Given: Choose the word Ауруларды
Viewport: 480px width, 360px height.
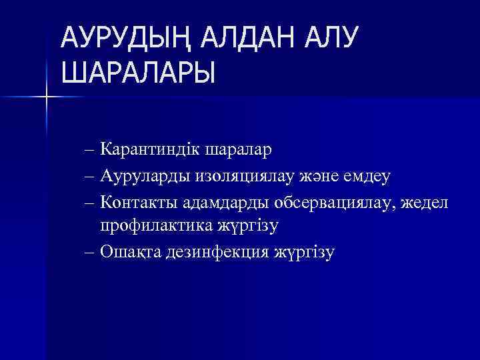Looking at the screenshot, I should click(145, 175).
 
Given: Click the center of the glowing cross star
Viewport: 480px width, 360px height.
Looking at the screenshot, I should click(47, 97).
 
